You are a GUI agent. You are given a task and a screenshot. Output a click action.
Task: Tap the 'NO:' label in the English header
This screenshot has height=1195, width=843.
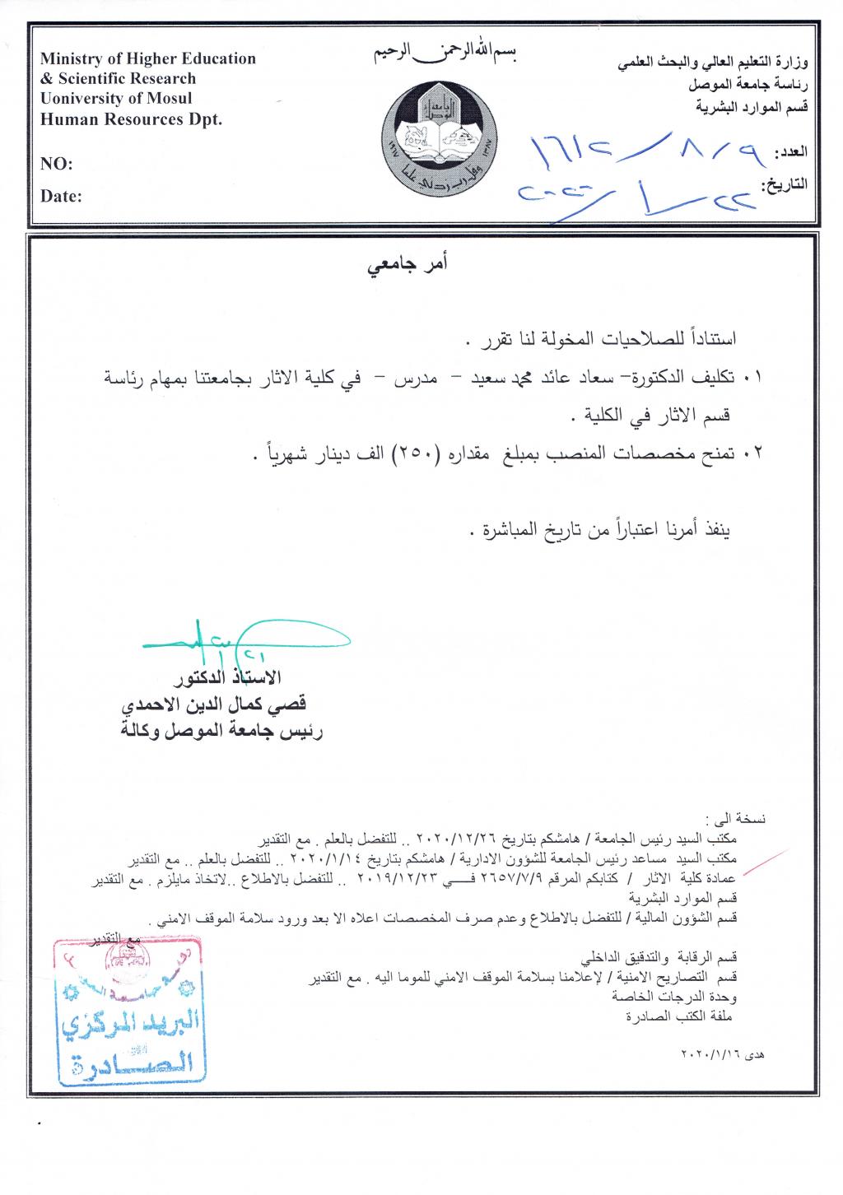coord(57,165)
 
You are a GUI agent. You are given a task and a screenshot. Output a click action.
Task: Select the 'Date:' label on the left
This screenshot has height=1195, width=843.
coord(62,197)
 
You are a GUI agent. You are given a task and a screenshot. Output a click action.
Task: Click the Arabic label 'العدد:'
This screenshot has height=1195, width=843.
coord(791,154)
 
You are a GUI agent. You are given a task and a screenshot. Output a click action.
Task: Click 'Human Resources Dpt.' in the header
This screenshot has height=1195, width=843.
coord(132,119)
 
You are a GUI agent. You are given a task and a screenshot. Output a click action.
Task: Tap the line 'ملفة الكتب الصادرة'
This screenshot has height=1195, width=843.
coord(672,1016)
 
